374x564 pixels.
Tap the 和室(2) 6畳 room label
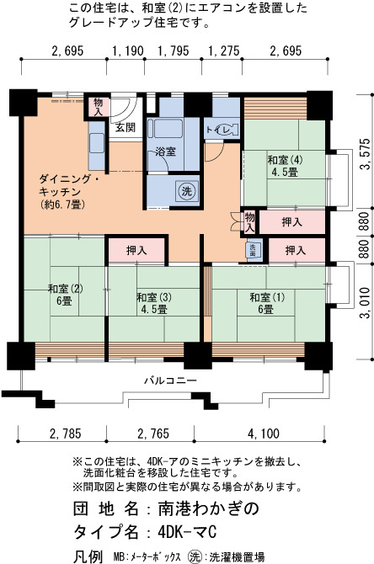[66, 295]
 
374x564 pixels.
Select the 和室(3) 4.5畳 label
[153, 303]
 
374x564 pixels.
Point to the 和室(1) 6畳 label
[267, 303]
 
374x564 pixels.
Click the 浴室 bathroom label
[166, 152]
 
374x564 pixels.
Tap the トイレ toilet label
[221, 130]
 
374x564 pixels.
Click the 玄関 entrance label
[126, 127]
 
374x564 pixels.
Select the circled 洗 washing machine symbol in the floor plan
[186, 190]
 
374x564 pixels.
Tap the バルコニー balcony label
[171, 380]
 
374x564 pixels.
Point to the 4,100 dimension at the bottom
[264, 434]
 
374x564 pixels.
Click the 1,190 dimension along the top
[128, 51]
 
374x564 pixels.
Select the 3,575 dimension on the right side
[366, 153]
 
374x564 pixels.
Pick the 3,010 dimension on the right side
[366, 303]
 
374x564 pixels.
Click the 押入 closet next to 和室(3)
[136, 250]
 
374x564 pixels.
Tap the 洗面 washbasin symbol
[253, 250]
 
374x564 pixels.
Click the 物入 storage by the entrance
[98, 106]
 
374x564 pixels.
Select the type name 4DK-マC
[187, 532]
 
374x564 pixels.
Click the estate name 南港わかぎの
[209, 508]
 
